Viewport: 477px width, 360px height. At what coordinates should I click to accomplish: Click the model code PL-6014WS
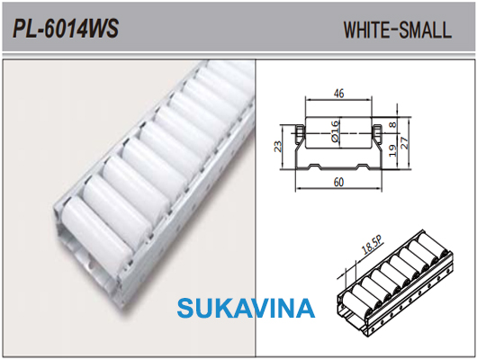coord(66,29)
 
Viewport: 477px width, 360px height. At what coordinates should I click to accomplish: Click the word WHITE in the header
coord(366,30)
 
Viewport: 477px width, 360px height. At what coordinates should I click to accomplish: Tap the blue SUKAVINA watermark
coord(246,308)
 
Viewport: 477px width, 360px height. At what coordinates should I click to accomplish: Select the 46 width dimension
coord(339,93)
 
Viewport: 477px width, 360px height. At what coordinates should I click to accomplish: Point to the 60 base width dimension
coord(338,182)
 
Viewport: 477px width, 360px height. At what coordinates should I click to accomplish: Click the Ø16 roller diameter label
coord(335,131)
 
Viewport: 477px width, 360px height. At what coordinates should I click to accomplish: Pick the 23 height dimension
coord(278,147)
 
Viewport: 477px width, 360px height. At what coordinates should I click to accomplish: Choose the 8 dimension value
coord(393,124)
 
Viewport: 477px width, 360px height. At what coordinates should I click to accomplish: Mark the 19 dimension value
coord(393,150)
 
